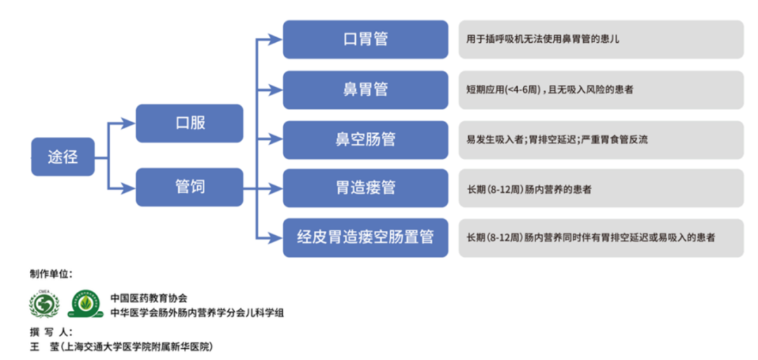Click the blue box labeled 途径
[x=62, y=156]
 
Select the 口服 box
[x=189, y=124]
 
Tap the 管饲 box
[x=189, y=187]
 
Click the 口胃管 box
[x=365, y=39]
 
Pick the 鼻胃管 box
[x=365, y=90]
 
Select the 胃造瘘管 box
[x=365, y=188]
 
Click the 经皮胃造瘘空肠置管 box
[x=365, y=237]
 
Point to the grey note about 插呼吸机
[x=601, y=39]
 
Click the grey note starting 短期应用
[x=601, y=90]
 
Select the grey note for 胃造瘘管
[x=601, y=189]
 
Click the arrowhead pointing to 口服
[x=128, y=124]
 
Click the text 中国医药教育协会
[x=149, y=298]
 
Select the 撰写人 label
[x=51, y=332]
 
